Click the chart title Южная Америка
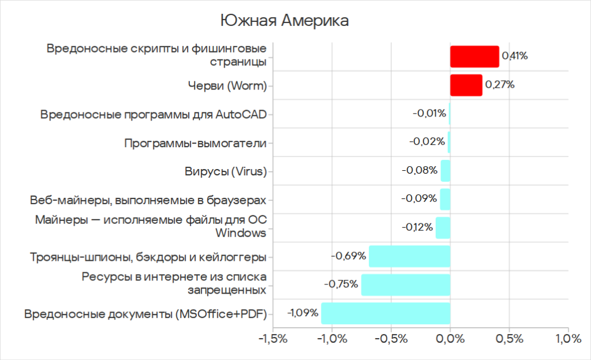[285, 21]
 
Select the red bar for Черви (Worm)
[466, 85]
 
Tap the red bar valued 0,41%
[474, 57]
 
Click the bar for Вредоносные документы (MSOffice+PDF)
[386, 313]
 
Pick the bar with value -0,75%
[405, 284]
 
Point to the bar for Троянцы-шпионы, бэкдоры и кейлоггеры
[409, 256]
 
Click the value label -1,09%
[302, 313]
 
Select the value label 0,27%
[500, 85]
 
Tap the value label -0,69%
[349, 256]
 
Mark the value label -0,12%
[417, 227]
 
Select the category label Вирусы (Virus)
[226, 171]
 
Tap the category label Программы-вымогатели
[195, 142]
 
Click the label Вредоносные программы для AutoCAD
[154, 114]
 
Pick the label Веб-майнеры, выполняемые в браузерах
[148, 200]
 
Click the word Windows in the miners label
[241, 233]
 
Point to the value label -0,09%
[419, 199]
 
